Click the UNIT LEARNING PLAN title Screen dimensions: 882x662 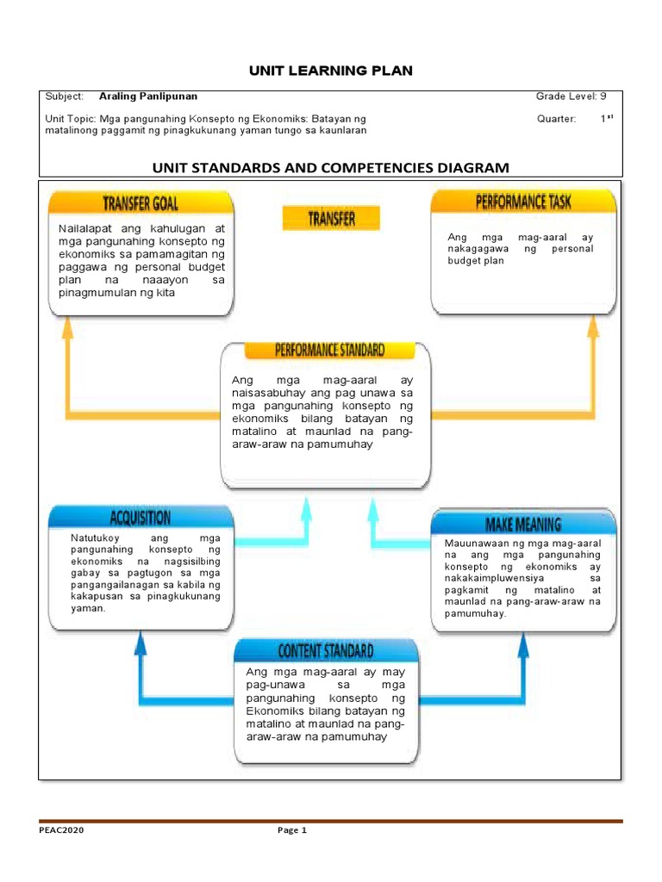(331, 71)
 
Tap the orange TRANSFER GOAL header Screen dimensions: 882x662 (141, 203)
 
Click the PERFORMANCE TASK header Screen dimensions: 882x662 (523, 202)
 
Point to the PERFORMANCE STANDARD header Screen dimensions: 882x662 (330, 350)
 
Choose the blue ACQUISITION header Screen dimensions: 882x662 (141, 518)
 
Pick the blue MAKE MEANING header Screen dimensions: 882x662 (523, 524)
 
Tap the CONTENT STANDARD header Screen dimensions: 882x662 (325, 650)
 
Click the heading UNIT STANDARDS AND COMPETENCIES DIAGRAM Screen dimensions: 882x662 (331, 167)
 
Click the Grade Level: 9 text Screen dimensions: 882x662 (571, 96)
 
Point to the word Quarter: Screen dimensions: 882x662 (556, 119)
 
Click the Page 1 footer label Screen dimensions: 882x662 (291, 830)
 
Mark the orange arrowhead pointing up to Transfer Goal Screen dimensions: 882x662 (68, 325)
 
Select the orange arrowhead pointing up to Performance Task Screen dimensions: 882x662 (593, 325)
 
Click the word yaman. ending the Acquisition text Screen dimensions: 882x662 (88, 608)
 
